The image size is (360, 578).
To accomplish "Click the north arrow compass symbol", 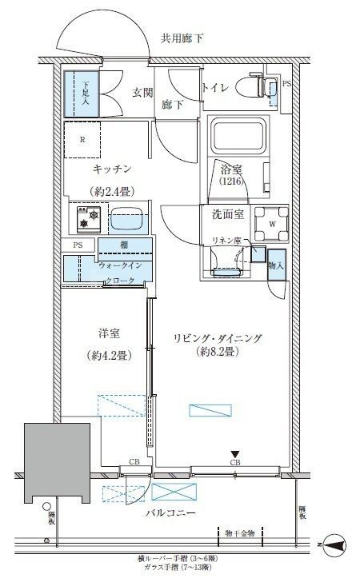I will pyautogui.click(x=336, y=547).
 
